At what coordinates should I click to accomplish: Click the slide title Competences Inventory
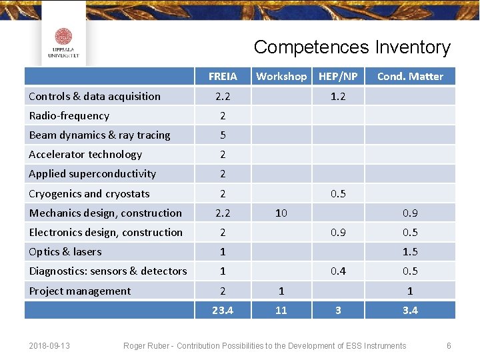pyautogui.click(x=352, y=47)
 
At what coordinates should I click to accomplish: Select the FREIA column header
pyautogui.click(x=223, y=77)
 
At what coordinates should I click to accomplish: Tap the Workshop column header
pyautogui.click(x=281, y=77)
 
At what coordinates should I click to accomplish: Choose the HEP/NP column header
pyautogui.click(x=338, y=77)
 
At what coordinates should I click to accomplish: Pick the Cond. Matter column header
pyautogui.click(x=410, y=77)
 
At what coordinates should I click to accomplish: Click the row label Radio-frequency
pyautogui.click(x=69, y=116)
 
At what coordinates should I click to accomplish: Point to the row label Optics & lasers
pyautogui.click(x=65, y=252)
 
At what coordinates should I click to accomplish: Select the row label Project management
pyautogui.click(x=80, y=291)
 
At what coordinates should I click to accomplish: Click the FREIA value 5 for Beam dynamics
pyautogui.click(x=223, y=135)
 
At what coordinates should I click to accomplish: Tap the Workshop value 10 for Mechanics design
pyautogui.click(x=281, y=213)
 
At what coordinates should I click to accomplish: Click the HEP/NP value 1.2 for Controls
pyautogui.click(x=338, y=97)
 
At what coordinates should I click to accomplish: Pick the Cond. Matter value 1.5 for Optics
pyautogui.click(x=410, y=252)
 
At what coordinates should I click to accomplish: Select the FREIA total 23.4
pyautogui.click(x=223, y=310)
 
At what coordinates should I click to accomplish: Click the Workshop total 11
pyautogui.click(x=281, y=310)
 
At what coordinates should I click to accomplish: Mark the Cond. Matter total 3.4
pyautogui.click(x=410, y=310)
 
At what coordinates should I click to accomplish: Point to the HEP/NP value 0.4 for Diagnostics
pyautogui.click(x=338, y=271)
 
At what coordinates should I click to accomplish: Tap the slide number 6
pyautogui.click(x=449, y=346)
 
